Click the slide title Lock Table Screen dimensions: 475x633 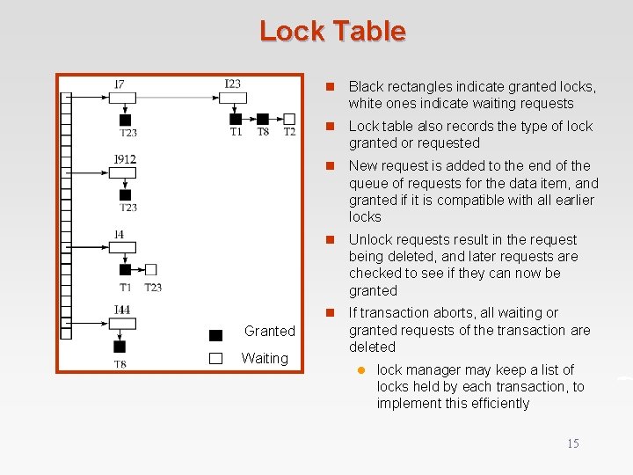pos(332,32)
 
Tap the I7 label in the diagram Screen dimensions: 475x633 pos(120,85)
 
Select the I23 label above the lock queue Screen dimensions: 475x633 pos(232,84)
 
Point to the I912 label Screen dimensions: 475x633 pos(125,159)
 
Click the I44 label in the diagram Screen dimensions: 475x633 pos(122,310)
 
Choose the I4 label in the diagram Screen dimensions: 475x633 pos(120,234)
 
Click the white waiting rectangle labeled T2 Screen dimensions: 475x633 pos(289,119)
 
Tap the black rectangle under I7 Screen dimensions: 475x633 pos(125,120)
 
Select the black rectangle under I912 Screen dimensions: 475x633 pos(125,194)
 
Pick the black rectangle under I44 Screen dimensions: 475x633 pos(120,347)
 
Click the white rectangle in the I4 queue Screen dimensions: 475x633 pos(151,269)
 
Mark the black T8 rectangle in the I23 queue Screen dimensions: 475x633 pos(262,119)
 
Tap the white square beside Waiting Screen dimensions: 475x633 pos(216,358)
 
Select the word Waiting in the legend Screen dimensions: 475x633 pos(265,358)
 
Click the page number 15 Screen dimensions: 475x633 pos(572,443)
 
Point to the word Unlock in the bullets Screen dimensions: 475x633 pos(369,239)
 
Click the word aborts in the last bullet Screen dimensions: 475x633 pos(455,313)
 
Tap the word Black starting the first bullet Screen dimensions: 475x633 pos(366,86)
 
